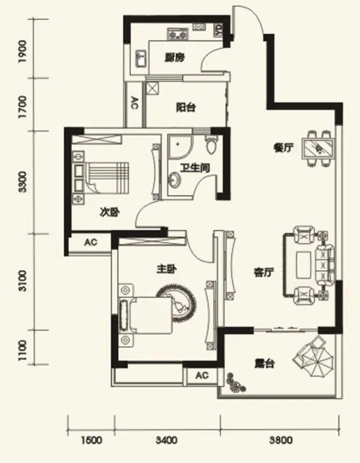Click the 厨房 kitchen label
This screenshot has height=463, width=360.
(x=174, y=58)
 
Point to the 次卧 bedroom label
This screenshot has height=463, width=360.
(x=109, y=212)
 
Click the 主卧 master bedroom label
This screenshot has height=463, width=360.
(x=166, y=269)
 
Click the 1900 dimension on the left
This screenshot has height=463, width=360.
(x=23, y=53)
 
